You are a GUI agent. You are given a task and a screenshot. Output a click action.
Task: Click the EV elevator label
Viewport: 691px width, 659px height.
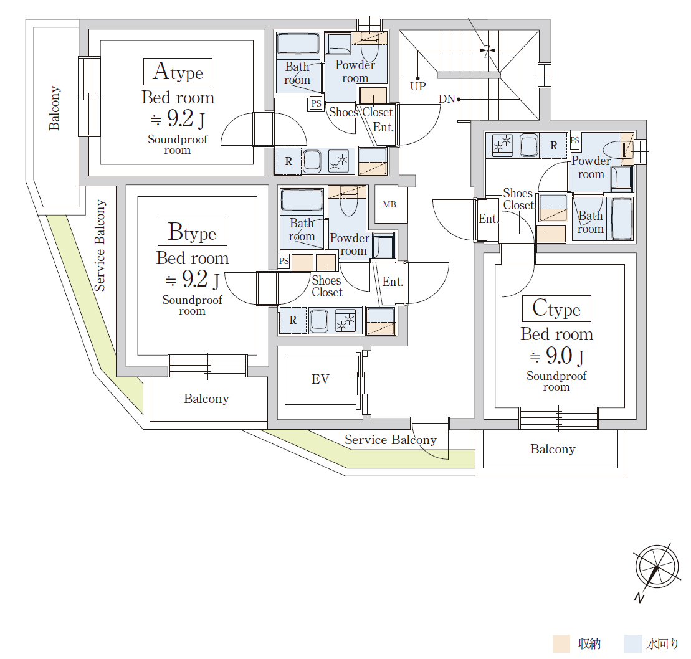click(320, 379)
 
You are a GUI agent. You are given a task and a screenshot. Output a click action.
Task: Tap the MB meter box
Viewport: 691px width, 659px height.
click(389, 204)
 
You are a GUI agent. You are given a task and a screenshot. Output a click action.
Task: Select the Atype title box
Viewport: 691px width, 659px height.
click(178, 72)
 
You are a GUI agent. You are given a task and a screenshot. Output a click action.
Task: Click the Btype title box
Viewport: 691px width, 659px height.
click(193, 232)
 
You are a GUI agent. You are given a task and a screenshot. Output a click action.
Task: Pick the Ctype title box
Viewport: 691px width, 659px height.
click(556, 308)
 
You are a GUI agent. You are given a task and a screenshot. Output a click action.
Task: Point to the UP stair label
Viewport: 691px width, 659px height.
click(417, 87)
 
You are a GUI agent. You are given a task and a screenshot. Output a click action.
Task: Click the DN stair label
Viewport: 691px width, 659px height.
click(447, 99)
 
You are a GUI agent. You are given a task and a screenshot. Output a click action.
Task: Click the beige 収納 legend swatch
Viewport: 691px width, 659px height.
click(561, 643)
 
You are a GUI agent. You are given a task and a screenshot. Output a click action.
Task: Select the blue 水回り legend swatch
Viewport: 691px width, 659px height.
click(633, 643)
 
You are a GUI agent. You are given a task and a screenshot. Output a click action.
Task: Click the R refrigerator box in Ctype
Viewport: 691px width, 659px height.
click(554, 145)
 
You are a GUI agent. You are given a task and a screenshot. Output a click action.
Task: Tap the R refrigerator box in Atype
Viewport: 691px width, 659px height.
click(288, 161)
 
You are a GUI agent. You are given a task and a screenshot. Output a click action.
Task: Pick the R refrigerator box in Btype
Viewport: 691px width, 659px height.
click(293, 320)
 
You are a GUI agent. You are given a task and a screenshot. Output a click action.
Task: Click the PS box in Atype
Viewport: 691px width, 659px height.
click(316, 103)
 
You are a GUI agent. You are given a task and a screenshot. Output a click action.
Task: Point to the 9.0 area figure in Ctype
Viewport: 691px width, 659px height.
click(560, 356)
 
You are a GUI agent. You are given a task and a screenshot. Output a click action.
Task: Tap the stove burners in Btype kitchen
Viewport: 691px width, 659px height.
click(345, 320)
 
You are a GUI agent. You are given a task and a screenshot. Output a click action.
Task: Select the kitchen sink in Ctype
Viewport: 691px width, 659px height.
click(529, 145)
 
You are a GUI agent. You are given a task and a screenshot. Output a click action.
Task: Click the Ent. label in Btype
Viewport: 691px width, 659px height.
click(393, 282)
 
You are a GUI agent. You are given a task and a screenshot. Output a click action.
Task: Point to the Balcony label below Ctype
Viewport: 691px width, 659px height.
click(553, 449)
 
